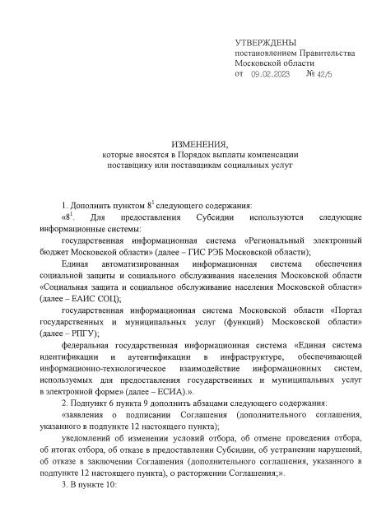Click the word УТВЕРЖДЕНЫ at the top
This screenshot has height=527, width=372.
(x=266, y=41)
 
